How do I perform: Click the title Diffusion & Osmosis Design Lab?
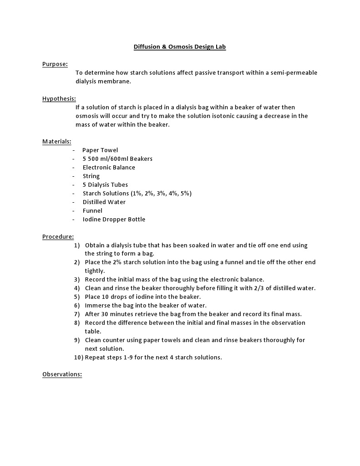[179, 47]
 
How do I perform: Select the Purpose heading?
[55, 64]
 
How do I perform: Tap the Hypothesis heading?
[59, 99]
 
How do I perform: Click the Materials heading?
[57, 142]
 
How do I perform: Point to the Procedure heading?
[58, 237]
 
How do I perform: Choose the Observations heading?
[62, 374]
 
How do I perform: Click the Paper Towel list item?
[100, 150]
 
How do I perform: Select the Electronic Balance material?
[109, 168]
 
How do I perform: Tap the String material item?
[91, 176]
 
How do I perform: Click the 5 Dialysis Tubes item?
[105, 185]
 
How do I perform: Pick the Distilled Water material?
[104, 202]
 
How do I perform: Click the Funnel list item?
[92, 211]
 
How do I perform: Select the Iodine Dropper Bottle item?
[114, 220]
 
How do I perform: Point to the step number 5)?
[77, 297]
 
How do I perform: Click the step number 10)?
[78, 358]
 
